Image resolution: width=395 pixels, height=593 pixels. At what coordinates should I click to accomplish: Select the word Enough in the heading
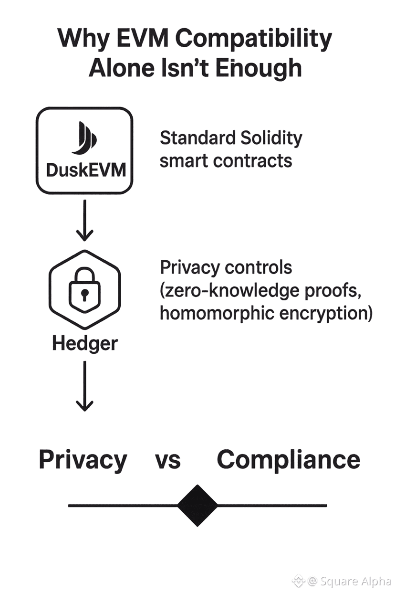[259, 68]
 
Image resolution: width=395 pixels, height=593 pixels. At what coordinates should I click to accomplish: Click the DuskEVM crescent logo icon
[84, 138]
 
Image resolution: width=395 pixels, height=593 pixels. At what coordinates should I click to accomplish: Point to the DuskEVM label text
[84, 169]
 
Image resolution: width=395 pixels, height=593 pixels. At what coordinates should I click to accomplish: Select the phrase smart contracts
[226, 160]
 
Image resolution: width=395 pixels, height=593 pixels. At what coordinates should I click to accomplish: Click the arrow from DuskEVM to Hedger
[84, 220]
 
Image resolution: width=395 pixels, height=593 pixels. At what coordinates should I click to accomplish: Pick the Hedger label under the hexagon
[84, 343]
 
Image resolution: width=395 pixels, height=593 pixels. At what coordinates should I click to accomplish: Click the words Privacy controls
[226, 267]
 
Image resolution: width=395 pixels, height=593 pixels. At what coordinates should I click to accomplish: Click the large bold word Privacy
[83, 459]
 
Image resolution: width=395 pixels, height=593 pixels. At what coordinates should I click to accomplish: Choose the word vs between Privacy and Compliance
[167, 460]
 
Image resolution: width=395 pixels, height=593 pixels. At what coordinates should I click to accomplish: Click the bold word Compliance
[288, 459]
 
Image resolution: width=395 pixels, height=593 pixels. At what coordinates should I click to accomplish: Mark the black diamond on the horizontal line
[197, 505]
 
